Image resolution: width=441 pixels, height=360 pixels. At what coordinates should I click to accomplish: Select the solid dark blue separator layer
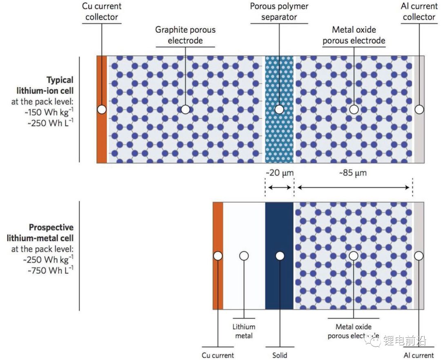(279, 286)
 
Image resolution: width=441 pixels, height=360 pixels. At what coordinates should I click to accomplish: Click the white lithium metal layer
(244, 286)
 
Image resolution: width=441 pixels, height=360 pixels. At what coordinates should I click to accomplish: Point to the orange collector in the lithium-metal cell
(218, 286)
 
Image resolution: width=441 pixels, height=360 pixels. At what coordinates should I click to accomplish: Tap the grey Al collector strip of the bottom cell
(419, 286)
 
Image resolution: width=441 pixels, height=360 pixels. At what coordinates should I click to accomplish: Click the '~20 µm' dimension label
(279, 173)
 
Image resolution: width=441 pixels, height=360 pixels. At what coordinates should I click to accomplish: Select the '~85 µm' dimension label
(353, 173)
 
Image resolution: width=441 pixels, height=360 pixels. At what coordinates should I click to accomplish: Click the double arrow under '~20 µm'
(279, 188)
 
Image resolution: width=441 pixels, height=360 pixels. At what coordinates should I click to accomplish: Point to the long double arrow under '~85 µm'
(354, 188)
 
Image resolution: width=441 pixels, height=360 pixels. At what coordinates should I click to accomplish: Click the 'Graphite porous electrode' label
(185, 35)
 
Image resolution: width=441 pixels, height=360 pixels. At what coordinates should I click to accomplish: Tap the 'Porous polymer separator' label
(279, 12)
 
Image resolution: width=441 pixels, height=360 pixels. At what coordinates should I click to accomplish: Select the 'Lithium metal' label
(244, 331)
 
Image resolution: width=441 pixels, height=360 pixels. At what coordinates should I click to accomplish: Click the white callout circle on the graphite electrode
(185, 110)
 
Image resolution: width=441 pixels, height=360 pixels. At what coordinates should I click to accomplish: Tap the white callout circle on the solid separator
(280, 256)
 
